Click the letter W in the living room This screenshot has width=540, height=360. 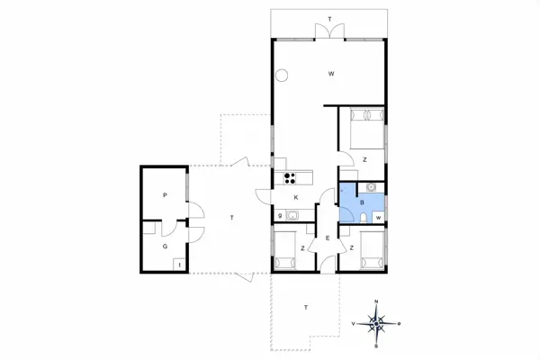(331, 73)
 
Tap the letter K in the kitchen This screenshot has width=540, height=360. (294, 197)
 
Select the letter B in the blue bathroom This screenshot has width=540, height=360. (362, 203)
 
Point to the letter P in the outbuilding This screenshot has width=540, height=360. (165, 195)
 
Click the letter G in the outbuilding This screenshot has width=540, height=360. (165, 244)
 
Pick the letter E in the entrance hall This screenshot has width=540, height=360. (328, 238)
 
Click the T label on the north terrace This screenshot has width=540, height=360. (329, 19)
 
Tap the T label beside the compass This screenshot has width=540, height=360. (306, 307)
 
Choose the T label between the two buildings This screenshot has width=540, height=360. (231, 219)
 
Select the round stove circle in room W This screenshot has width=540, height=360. (283, 76)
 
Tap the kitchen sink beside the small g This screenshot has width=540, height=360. (293, 215)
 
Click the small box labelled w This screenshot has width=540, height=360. (378, 217)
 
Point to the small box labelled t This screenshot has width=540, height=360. (179, 265)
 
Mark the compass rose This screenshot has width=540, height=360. (377, 321)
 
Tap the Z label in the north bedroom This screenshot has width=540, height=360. (364, 159)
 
